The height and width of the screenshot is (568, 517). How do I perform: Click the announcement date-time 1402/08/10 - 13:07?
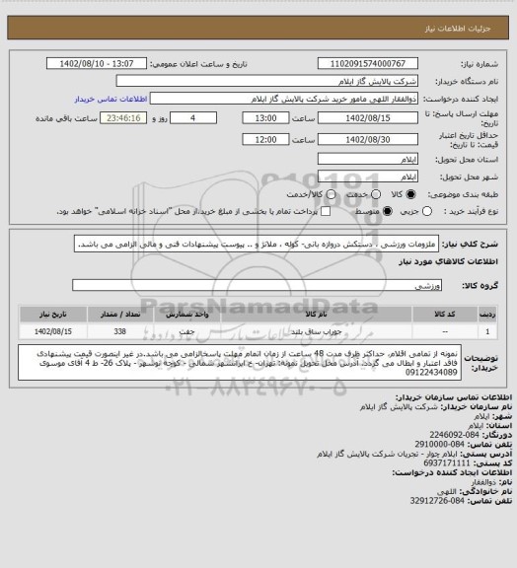pyautogui.click(x=105, y=63)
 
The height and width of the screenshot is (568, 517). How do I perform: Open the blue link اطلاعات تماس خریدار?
pyautogui.click(x=110, y=99)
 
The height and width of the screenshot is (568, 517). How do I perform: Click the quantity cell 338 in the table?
pyautogui.click(x=147, y=332)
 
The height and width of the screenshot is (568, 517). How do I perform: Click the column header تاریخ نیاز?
pyautogui.click(x=52, y=315)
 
